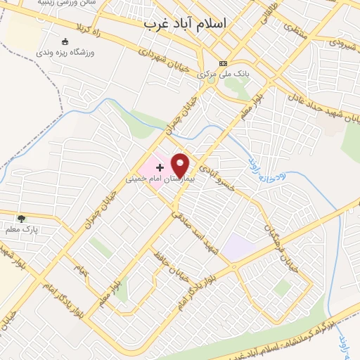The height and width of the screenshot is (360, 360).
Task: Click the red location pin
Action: (181, 164)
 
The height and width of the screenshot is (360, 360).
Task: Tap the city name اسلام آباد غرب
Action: (186, 23)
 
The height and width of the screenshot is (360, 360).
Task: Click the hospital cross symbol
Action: (160, 167)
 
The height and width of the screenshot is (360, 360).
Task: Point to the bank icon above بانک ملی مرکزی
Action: (224, 62)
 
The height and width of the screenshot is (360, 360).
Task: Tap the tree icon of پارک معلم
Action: (21, 219)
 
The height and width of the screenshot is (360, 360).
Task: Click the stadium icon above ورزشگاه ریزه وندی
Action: (65, 41)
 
